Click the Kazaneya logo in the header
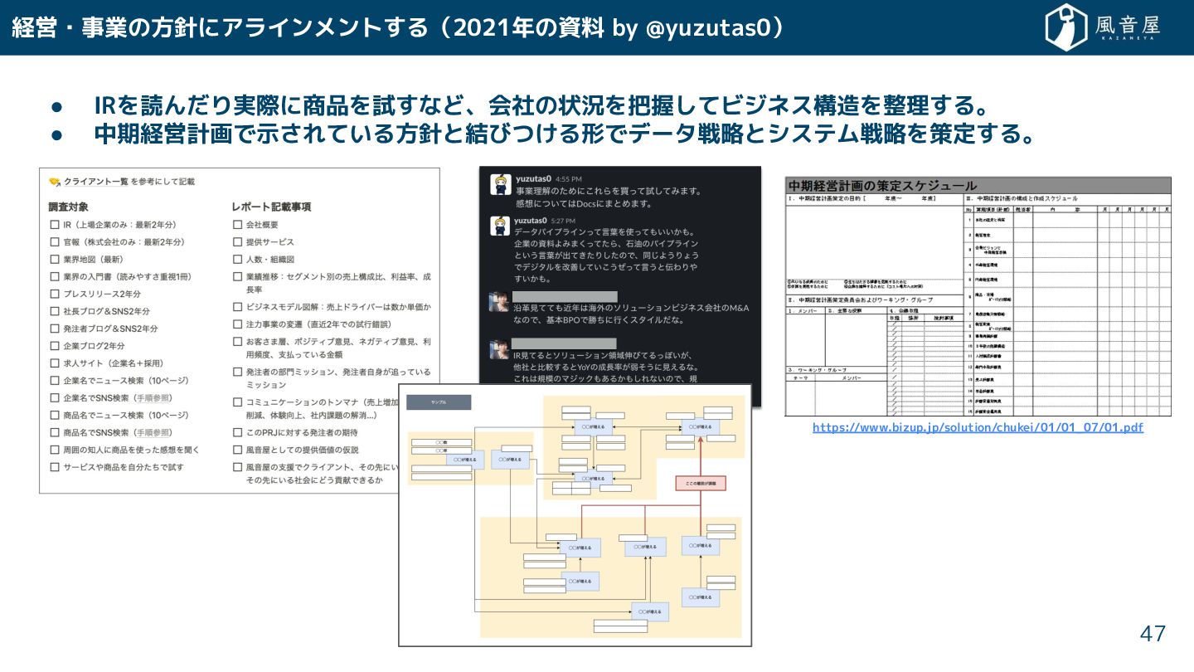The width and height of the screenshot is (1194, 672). [x=1104, y=27]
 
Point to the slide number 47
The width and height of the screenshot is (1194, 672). [x=1153, y=635]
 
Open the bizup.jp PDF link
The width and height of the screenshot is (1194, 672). [x=978, y=427]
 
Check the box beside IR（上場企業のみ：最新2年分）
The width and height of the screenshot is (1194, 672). [x=55, y=225]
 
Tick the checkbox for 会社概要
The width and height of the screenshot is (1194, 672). [x=238, y=225]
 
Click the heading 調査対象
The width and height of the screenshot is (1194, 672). [x=68, y=207]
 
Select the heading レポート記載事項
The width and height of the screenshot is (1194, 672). [x=271, y=207]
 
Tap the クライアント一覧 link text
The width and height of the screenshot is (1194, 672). [x=95, y=182]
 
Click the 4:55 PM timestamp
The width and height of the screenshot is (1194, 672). [x=568, y=178]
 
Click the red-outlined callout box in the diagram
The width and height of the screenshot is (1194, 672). [x=701, y=482]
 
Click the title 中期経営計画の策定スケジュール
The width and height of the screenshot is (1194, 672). [x=882, y=186]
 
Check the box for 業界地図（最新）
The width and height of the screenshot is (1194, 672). [x=55, y=260]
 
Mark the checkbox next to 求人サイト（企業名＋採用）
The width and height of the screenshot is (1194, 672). [x=55, y=363]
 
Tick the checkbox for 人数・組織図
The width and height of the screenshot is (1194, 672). [x=238, y=260]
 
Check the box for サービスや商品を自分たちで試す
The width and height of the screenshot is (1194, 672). [x=55, y=467]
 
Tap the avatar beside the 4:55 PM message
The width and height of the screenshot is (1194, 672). [x=499, y=185]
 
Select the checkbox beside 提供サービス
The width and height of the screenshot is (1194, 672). [x=238, y=242]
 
